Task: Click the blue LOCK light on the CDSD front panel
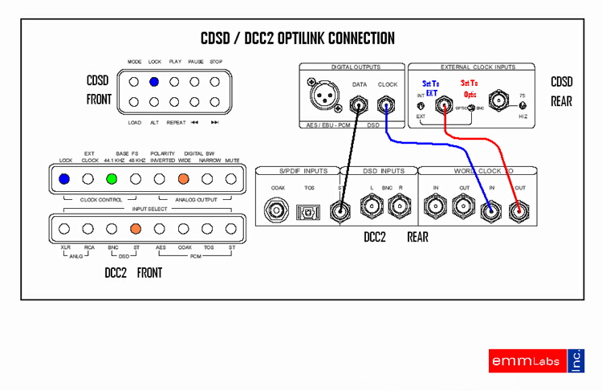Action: tap(153, 82)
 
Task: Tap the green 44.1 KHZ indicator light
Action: tap(112, 178)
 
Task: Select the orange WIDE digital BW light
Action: tap(184, 178)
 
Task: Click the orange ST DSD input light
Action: tap(136, 228)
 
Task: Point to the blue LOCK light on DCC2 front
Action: tap(65, 178)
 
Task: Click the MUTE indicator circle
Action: tap(232, 178)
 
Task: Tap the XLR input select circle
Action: tap(65, 228)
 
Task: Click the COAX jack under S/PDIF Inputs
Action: tap(278, 210)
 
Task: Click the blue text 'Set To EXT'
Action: tap(431, 88)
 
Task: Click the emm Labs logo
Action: tap(536, 360)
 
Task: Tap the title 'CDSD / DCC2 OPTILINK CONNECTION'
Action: tap(297, 39)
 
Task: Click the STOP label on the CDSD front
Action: tap(216, 62)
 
